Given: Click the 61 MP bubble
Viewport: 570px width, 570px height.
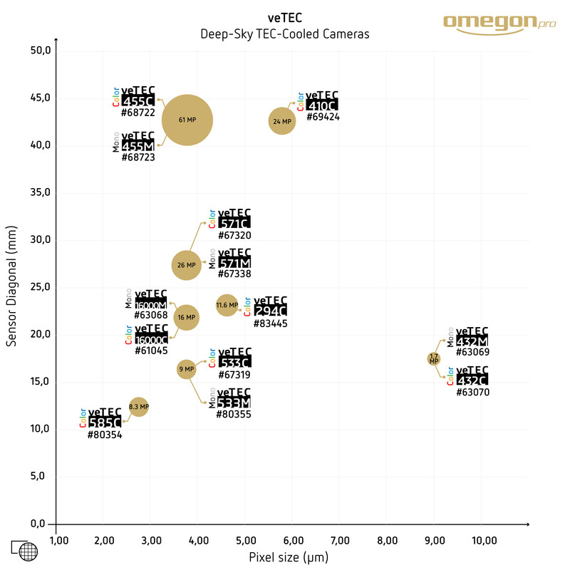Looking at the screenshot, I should tap(187, 120).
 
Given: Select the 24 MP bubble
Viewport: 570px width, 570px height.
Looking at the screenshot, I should tap(282, 121).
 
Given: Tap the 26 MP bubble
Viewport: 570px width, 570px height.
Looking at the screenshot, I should tap(186, 265).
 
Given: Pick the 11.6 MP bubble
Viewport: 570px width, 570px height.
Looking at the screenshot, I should tap(227, 305).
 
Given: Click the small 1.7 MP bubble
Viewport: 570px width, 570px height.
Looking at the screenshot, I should tap(434, 358).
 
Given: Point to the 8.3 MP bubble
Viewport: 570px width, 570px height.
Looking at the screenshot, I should tap(138, 407).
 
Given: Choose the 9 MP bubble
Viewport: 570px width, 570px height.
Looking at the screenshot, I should tap(186, 369).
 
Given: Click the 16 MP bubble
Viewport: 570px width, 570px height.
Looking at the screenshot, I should tap(186, 317).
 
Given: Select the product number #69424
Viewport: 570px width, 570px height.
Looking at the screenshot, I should tap(323, 117).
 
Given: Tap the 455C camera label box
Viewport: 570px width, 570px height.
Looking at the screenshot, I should tap(138, 101).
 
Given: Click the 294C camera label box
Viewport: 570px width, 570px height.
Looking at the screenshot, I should tap(270, 311).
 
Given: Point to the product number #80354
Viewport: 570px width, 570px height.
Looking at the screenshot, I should tap(105, 435).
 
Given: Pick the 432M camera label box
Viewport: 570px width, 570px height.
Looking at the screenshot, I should tap(472, 341).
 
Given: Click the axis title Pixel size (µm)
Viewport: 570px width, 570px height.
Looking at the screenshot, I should tap(289, 556).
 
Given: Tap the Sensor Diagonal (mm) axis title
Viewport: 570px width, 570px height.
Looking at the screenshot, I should tap(11, 289).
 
